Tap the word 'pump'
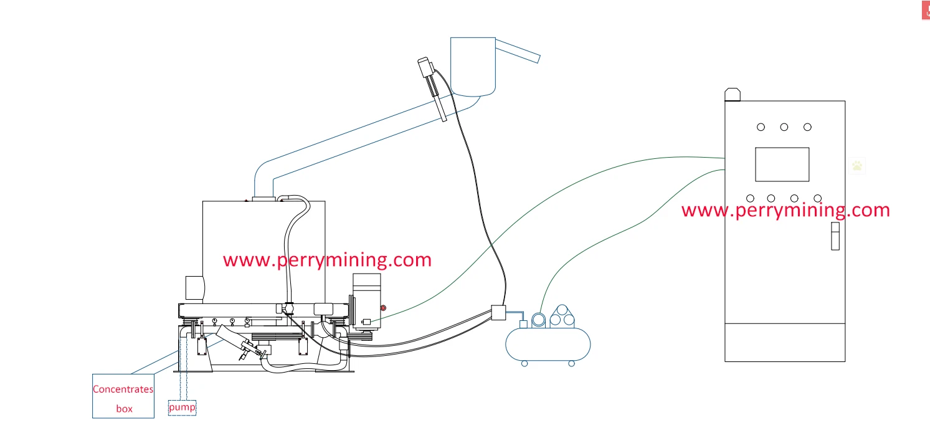(x=182, y=407)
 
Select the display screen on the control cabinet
(x=782, y=164)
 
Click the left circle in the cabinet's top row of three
(x=761, y=127)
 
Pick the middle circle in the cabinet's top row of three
(x=784, y=127)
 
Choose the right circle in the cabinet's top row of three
(x=807, y=127)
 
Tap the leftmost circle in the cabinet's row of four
(x=750, y=198)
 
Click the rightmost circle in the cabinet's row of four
(x=817, y=198)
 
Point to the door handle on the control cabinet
(x=835, y=237)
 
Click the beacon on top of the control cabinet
(x=732, y=95)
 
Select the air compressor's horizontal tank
(x=548, y=345)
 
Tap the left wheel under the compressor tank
(x=524, y=363)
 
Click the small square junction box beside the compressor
(x=498, y=312)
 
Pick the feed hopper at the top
(x=473, y=65)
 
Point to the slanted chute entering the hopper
(x=518, y=51)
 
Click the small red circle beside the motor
(x=384, y=308)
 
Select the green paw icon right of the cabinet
(x=858, y=166)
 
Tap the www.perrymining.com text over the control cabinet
(x=785, y=210)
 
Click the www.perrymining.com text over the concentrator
(x=327, y=260)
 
